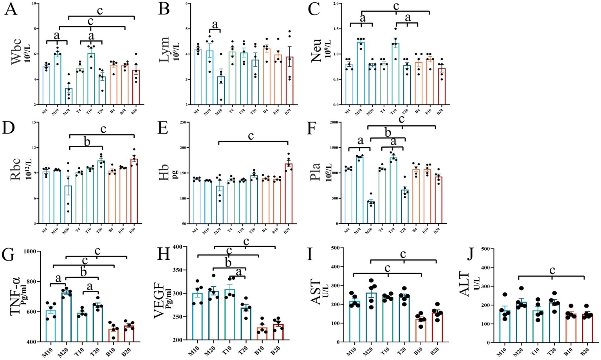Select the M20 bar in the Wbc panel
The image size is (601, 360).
pos(68,96)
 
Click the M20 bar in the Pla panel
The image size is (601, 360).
pos(370,212)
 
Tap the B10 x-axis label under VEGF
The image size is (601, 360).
pos(258,349)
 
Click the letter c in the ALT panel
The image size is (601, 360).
pos(552,271)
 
